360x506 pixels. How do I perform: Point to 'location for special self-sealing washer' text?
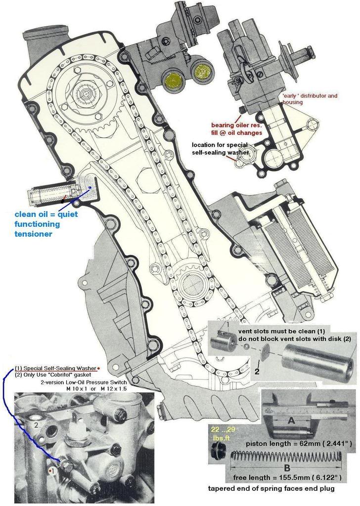coord(221,148)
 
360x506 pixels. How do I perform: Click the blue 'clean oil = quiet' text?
coord(46,214)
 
